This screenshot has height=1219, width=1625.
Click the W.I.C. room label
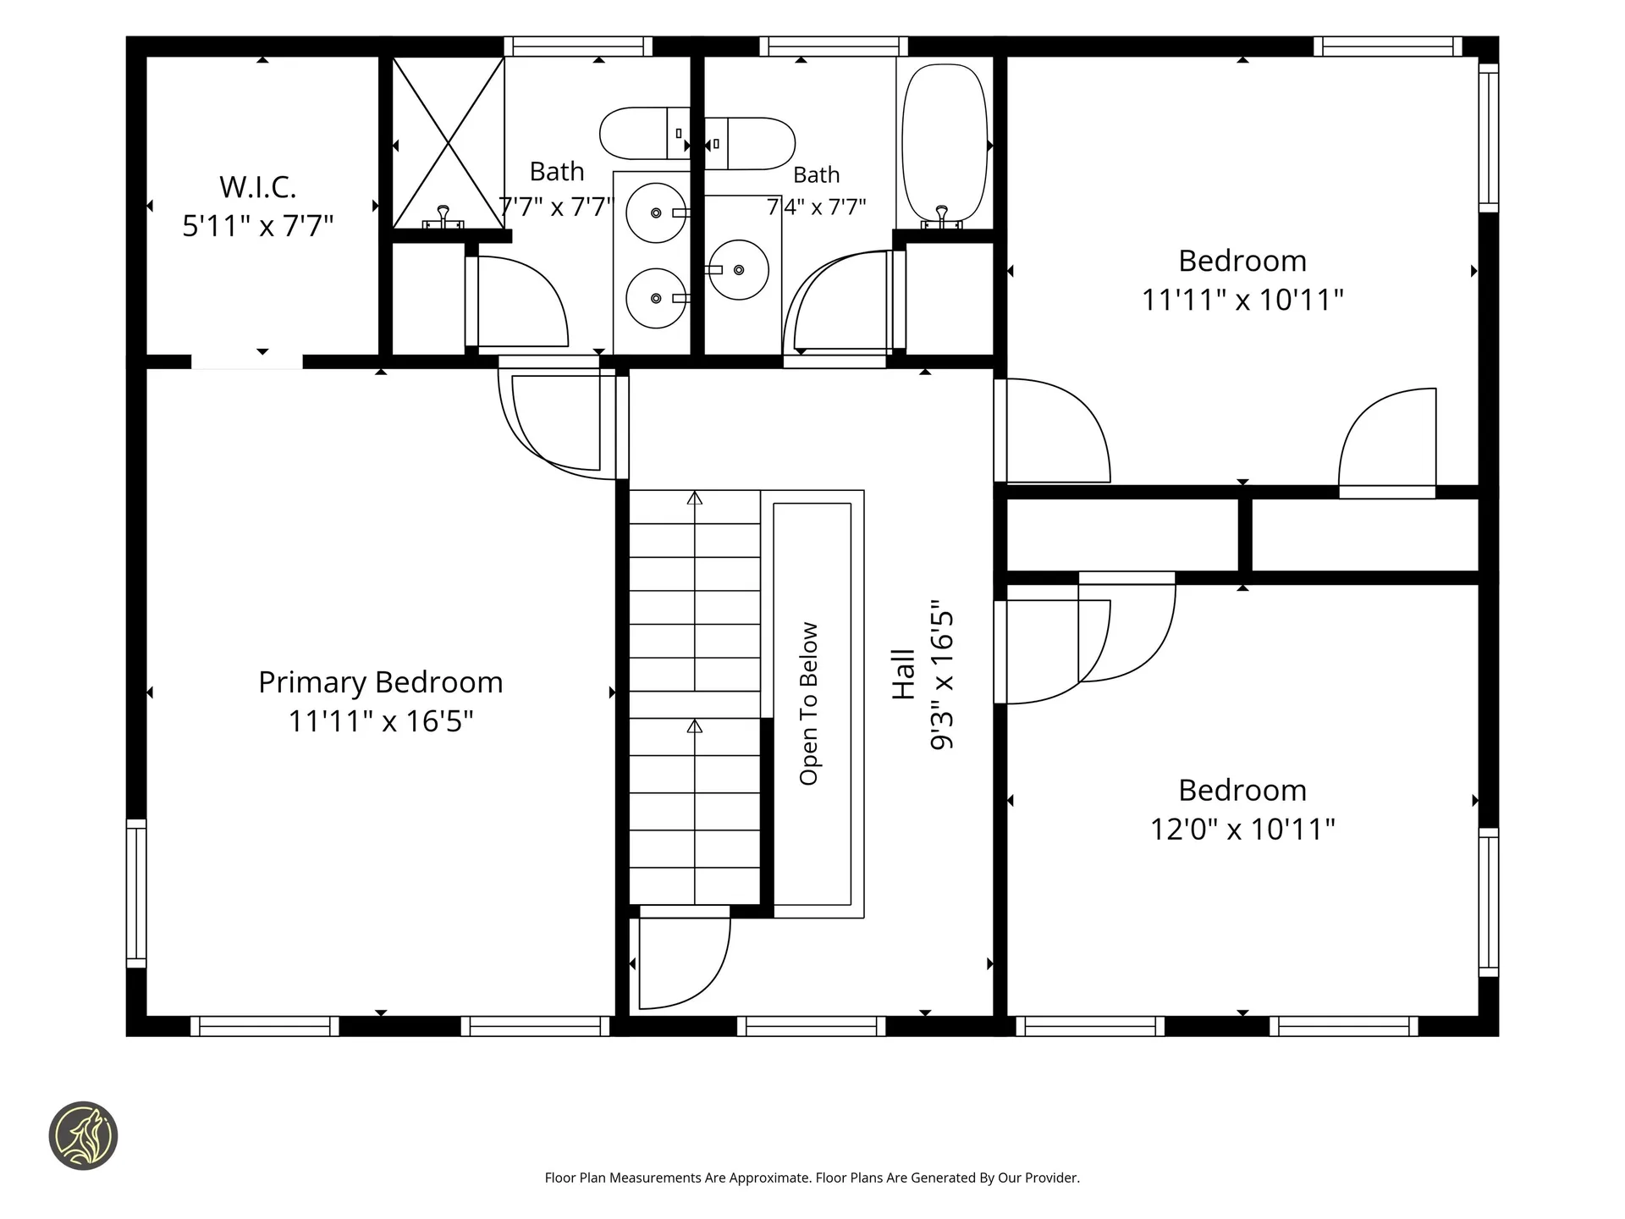(x=258, y=187)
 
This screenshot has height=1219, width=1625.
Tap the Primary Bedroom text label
(x=381, y=682)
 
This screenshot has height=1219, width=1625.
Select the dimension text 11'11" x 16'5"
(x=381, y=721)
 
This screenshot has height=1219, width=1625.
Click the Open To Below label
(x=809, y=703)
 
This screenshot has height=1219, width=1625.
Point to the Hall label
(x=904, y=674)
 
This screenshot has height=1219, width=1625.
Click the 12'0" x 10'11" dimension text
(x=1242, y=829)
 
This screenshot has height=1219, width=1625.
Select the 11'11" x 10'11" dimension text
(x=1242, y=300)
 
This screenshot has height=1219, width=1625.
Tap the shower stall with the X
(x=449, y=142)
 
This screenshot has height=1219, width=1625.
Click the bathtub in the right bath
(x=945, y=144)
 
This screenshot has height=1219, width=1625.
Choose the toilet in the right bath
(x=750, y=144)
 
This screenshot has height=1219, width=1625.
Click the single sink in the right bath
(x=738, y=270)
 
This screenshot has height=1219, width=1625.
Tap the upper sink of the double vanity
(x=657, y=212)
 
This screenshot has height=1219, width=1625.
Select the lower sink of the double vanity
(x=657, y=298)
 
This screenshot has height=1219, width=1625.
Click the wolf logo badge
(x=83, y=1136)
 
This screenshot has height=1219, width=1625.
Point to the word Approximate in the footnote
(x=757, y=1178)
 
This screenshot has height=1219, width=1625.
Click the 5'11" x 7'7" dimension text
(x=258, y=226)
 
